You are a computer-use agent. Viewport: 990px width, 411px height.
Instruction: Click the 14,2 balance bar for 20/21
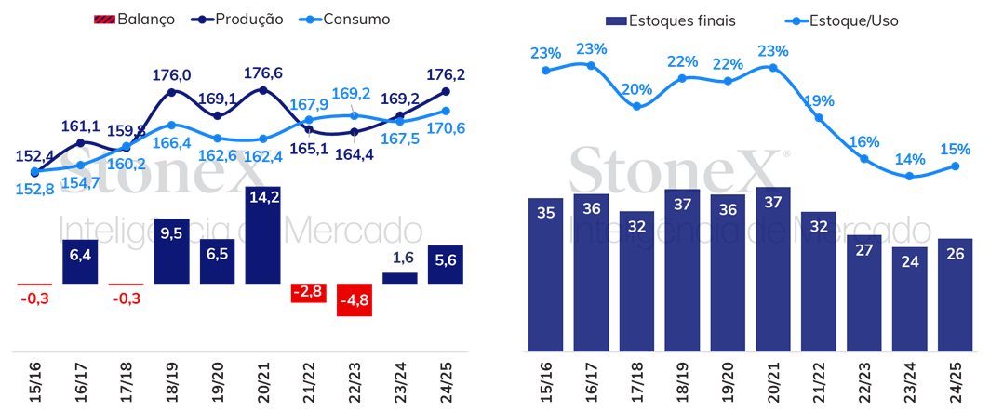click(x=262, y=235)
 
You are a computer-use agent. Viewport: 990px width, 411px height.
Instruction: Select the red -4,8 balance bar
click(x=355, y=300)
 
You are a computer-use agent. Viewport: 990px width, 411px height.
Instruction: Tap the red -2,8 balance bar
click(x=309, y=293)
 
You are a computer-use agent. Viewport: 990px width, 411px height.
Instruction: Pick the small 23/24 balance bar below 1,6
click(x=400, y=278)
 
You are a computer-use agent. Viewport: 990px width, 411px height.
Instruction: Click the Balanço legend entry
click(x=134, y=19)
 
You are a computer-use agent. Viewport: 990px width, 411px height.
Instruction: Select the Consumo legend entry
click(x=341, y=19)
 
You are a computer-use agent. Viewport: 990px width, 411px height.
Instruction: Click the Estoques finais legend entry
click(x=671, y=20)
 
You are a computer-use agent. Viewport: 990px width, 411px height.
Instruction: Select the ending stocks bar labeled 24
click(x=909, y=298)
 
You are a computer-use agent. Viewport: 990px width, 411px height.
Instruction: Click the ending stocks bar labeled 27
click(x=863, y=293)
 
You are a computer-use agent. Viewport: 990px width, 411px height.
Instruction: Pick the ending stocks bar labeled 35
click(x=545, y=274)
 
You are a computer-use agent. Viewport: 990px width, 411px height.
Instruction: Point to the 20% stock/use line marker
click(x=636, y=107)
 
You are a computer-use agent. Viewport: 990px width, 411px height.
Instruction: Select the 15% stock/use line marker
click(x=956, y=166)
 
